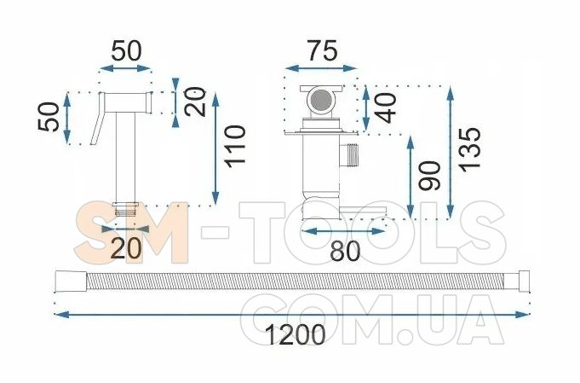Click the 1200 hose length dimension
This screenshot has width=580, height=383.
tap(296, 334)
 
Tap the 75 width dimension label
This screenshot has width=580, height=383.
tap(323, 50)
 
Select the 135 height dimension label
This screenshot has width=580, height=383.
tap(470, 149)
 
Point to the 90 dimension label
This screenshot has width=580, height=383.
tap(430, 176)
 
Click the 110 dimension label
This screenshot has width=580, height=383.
tap(236, 147)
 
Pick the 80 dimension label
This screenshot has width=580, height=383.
tap(345, 251)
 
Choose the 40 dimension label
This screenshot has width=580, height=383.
tap(386, 107)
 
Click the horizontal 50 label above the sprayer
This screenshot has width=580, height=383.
tap(126, 50)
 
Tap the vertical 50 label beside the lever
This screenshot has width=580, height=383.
tap(49, 117)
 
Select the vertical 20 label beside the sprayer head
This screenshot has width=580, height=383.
tap(195, 102)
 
